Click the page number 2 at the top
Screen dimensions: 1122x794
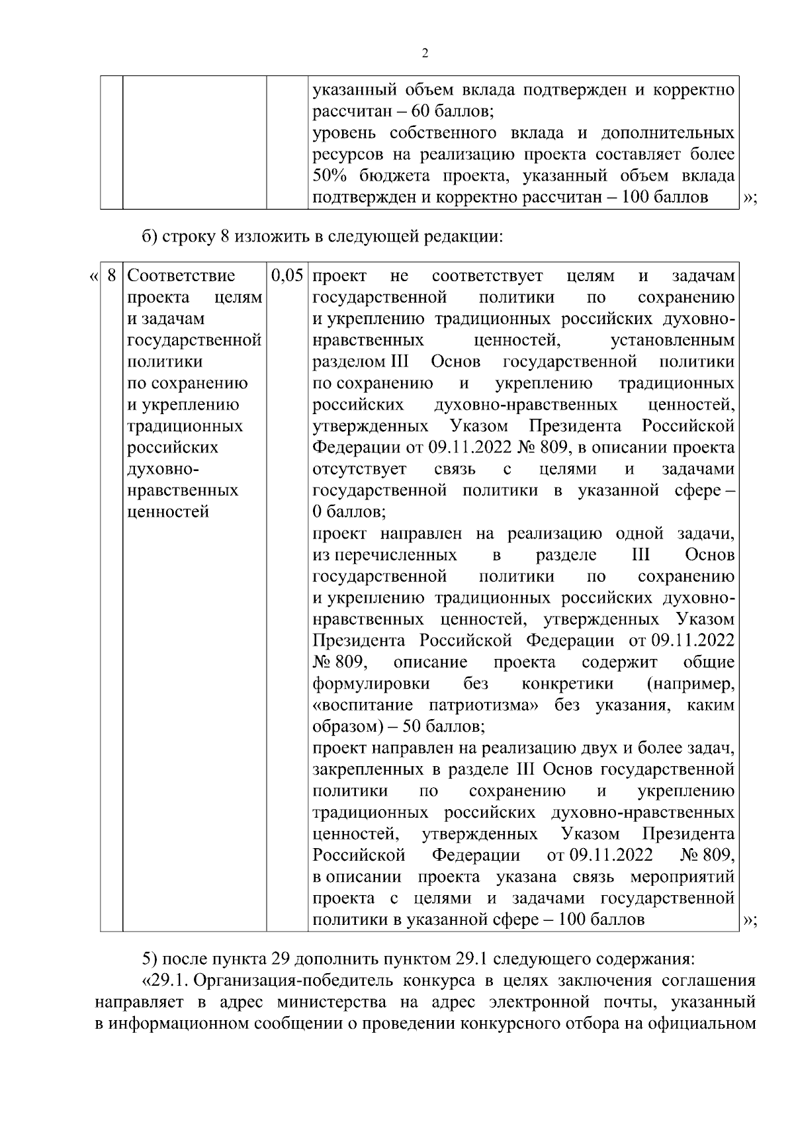424,54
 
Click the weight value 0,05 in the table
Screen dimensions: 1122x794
287,275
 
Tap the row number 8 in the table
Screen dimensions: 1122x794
112,275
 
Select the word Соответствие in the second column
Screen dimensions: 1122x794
181,275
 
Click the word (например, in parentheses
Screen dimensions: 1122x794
690,683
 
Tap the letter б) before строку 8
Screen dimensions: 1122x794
150,237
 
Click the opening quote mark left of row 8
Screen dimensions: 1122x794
93,275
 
